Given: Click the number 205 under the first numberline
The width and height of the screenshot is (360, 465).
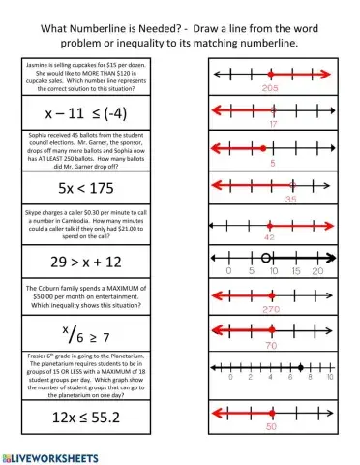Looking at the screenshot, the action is point(270,88).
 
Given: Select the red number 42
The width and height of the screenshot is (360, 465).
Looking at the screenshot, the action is point(270,235).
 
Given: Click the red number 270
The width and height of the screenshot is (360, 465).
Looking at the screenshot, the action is point(270,309).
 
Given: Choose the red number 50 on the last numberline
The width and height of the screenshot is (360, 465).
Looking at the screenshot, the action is point(271,425).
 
